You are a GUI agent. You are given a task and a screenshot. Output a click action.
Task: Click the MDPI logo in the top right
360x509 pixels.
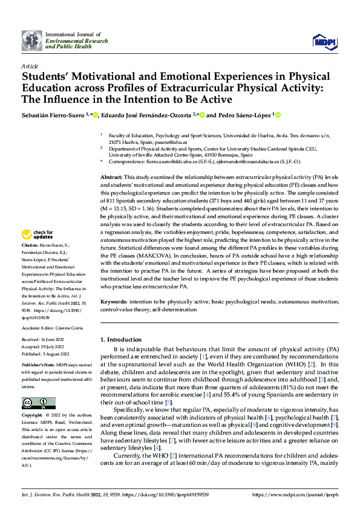pyautogui.click(x=323, y=41)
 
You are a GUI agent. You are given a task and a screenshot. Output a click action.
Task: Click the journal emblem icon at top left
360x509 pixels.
pyautogui.click(x=30, y=41)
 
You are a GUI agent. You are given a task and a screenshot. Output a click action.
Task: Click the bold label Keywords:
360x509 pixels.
pyautogui.click(x=113, y=300)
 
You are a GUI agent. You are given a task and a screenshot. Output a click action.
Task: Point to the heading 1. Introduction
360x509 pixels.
pyautogui.click(x=120, y=339)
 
